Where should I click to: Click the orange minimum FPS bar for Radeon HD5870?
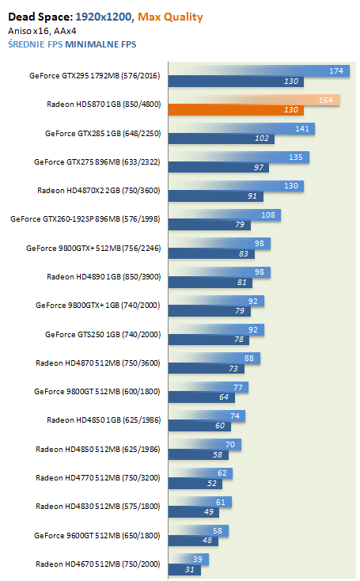point(236,110)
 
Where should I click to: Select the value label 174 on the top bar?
point(336,70)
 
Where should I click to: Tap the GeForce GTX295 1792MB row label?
point(94,75)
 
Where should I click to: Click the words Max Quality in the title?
point(170,17)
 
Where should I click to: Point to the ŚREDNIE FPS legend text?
point(35,44)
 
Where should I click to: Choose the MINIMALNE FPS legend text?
point(100,44)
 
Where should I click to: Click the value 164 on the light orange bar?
point(325,100)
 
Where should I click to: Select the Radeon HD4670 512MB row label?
point(98,564)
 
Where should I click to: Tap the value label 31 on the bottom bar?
point(190,569)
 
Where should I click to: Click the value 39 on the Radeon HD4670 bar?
point(198,559)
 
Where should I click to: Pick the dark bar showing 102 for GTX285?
point(221,139)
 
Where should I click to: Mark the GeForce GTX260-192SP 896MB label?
point(85,219)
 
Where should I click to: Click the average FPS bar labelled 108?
point(225,215)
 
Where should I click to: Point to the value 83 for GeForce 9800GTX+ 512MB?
point(244,254)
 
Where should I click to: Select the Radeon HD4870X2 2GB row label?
point(99,191)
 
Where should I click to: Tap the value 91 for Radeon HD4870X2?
point(252,196)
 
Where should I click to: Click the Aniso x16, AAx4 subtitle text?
point(42,31)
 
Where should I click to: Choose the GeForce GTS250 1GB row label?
point(103,335)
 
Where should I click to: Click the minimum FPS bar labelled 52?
point(195,484)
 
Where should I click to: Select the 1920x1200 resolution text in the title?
point(104,17)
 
